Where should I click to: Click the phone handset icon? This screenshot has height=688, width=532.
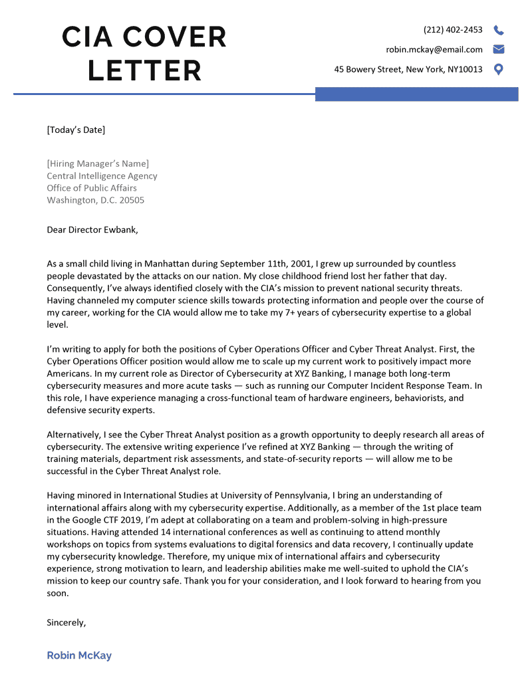499,30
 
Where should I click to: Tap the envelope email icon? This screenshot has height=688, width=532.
499,49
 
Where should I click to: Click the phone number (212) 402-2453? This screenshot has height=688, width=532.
453,30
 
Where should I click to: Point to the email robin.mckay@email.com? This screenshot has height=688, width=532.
434,49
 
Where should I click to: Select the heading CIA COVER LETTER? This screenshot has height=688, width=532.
144,54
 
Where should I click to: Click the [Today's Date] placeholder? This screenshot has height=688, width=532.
76,130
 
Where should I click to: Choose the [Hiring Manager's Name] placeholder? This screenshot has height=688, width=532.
98,164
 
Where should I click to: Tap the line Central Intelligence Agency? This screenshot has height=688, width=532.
102,176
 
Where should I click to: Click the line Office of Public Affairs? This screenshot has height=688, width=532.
92,188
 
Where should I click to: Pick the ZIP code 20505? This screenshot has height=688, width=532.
130,200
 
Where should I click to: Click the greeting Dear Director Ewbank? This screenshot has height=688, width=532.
92,230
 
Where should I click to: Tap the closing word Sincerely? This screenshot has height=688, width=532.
66,623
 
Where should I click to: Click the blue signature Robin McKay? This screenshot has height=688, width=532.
79,655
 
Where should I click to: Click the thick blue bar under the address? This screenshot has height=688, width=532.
416,94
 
